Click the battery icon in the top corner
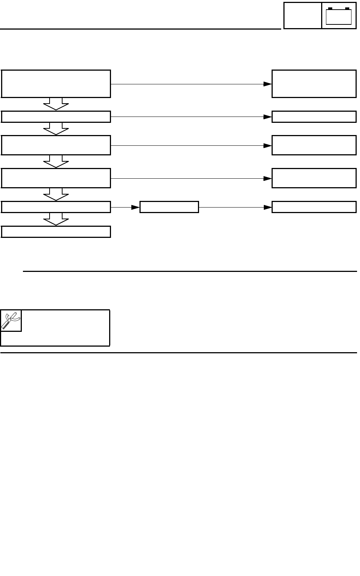coord(339,16)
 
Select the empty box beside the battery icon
coord(303,16)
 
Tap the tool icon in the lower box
coord(11,320)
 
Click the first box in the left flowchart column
coord(56,84)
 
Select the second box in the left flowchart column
coord(56,117)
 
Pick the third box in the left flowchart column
coord(56,145)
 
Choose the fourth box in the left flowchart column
coord(56,178)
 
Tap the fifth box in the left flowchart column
coord(56,207)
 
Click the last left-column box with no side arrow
coord(56,232)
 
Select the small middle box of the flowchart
coord(169,207)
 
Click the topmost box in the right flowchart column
coord(314,84)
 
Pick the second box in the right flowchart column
coord(314,117)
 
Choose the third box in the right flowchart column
coord(314,145)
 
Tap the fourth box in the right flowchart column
coord(314,178)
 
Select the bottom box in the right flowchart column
coord(314,207)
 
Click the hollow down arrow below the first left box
coord(56,104)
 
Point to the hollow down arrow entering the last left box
coord(56,219)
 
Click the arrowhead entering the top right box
coord(268,84)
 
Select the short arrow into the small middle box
coord(125,207)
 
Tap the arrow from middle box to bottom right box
coord(235,207)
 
